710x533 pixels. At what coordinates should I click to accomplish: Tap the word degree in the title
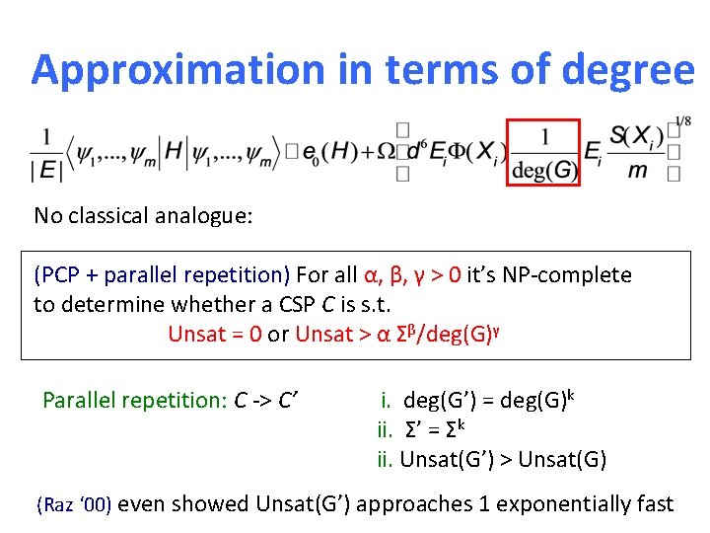pyautogui.click(x=632, y=70)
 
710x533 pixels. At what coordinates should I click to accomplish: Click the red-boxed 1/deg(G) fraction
pyautogui.click(x=544, y=153)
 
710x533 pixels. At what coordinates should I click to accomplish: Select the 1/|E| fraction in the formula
pyautogui.click(x=45, y=153)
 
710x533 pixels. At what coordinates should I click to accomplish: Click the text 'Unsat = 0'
pyautogui.click(x=214, y=334)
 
